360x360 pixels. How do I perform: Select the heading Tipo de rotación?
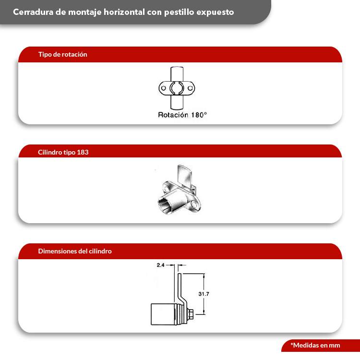click(x=62, y=54)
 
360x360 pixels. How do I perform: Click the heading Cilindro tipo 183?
click(x=63, y=152)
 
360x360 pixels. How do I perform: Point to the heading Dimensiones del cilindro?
click(x=75, y=251)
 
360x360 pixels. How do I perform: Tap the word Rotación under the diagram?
click(x=173, y=115)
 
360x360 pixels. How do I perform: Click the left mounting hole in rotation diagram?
click(x=164, y=89)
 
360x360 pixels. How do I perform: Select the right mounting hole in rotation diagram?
click(x=191, y=89)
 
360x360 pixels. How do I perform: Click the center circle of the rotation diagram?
click(x=177, y=89)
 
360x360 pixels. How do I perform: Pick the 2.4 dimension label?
click(x=160, y=264)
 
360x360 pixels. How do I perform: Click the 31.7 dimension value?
click(x=204, y=293)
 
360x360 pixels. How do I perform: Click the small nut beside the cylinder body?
click(x=191, y=314)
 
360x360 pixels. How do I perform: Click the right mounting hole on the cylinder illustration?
click(x=197, y=206)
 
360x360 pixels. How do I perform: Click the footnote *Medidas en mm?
click(x=315, y=345)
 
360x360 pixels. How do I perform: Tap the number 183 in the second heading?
click(x=83, y=152)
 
